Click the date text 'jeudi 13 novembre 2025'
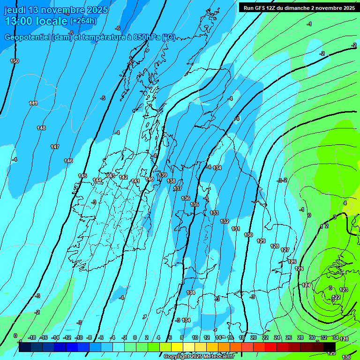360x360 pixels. click(56, 10)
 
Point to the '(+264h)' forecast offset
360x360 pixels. click(83, 21)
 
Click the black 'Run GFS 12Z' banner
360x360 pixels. click(299, 7)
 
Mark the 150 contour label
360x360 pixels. click(15, 61)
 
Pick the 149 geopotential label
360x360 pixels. click(33, 103)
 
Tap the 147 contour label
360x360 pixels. click(55, 147)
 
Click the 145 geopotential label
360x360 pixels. click(82, 176)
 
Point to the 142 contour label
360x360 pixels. click(123, 177)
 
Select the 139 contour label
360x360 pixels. click(163, 175)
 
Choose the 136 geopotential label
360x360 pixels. click(186, 198)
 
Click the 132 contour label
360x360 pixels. click(225, 221)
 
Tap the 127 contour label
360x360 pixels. click(285, 250)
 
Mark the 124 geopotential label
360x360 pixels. click(306, 285)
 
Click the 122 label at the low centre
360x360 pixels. click(337, 298)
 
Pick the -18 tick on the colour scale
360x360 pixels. click(32, 337)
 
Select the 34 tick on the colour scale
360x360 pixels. click(335, 337)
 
